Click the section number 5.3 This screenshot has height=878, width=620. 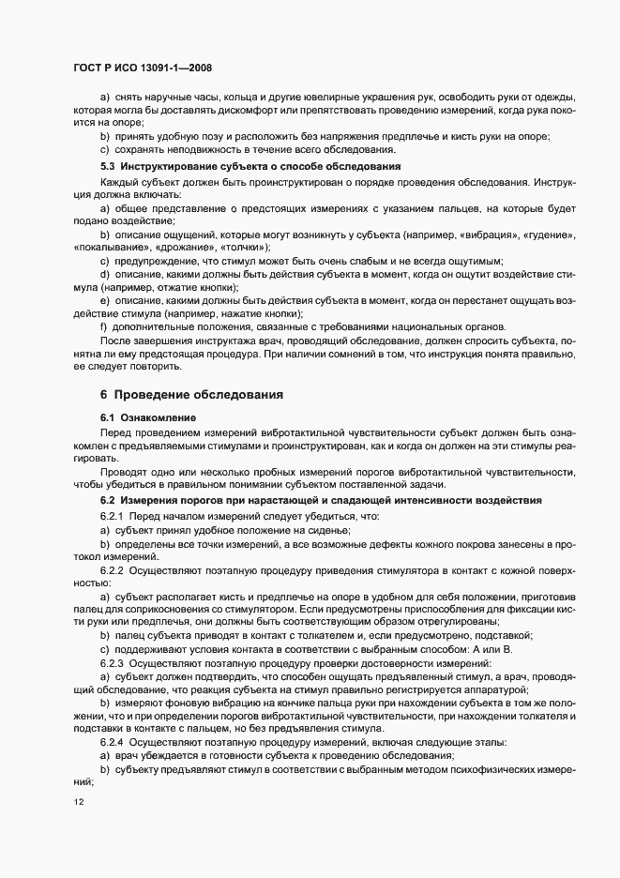pos(108,165)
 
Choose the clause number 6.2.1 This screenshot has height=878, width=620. pos(113,516)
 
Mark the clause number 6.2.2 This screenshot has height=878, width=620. pos(113,569)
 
